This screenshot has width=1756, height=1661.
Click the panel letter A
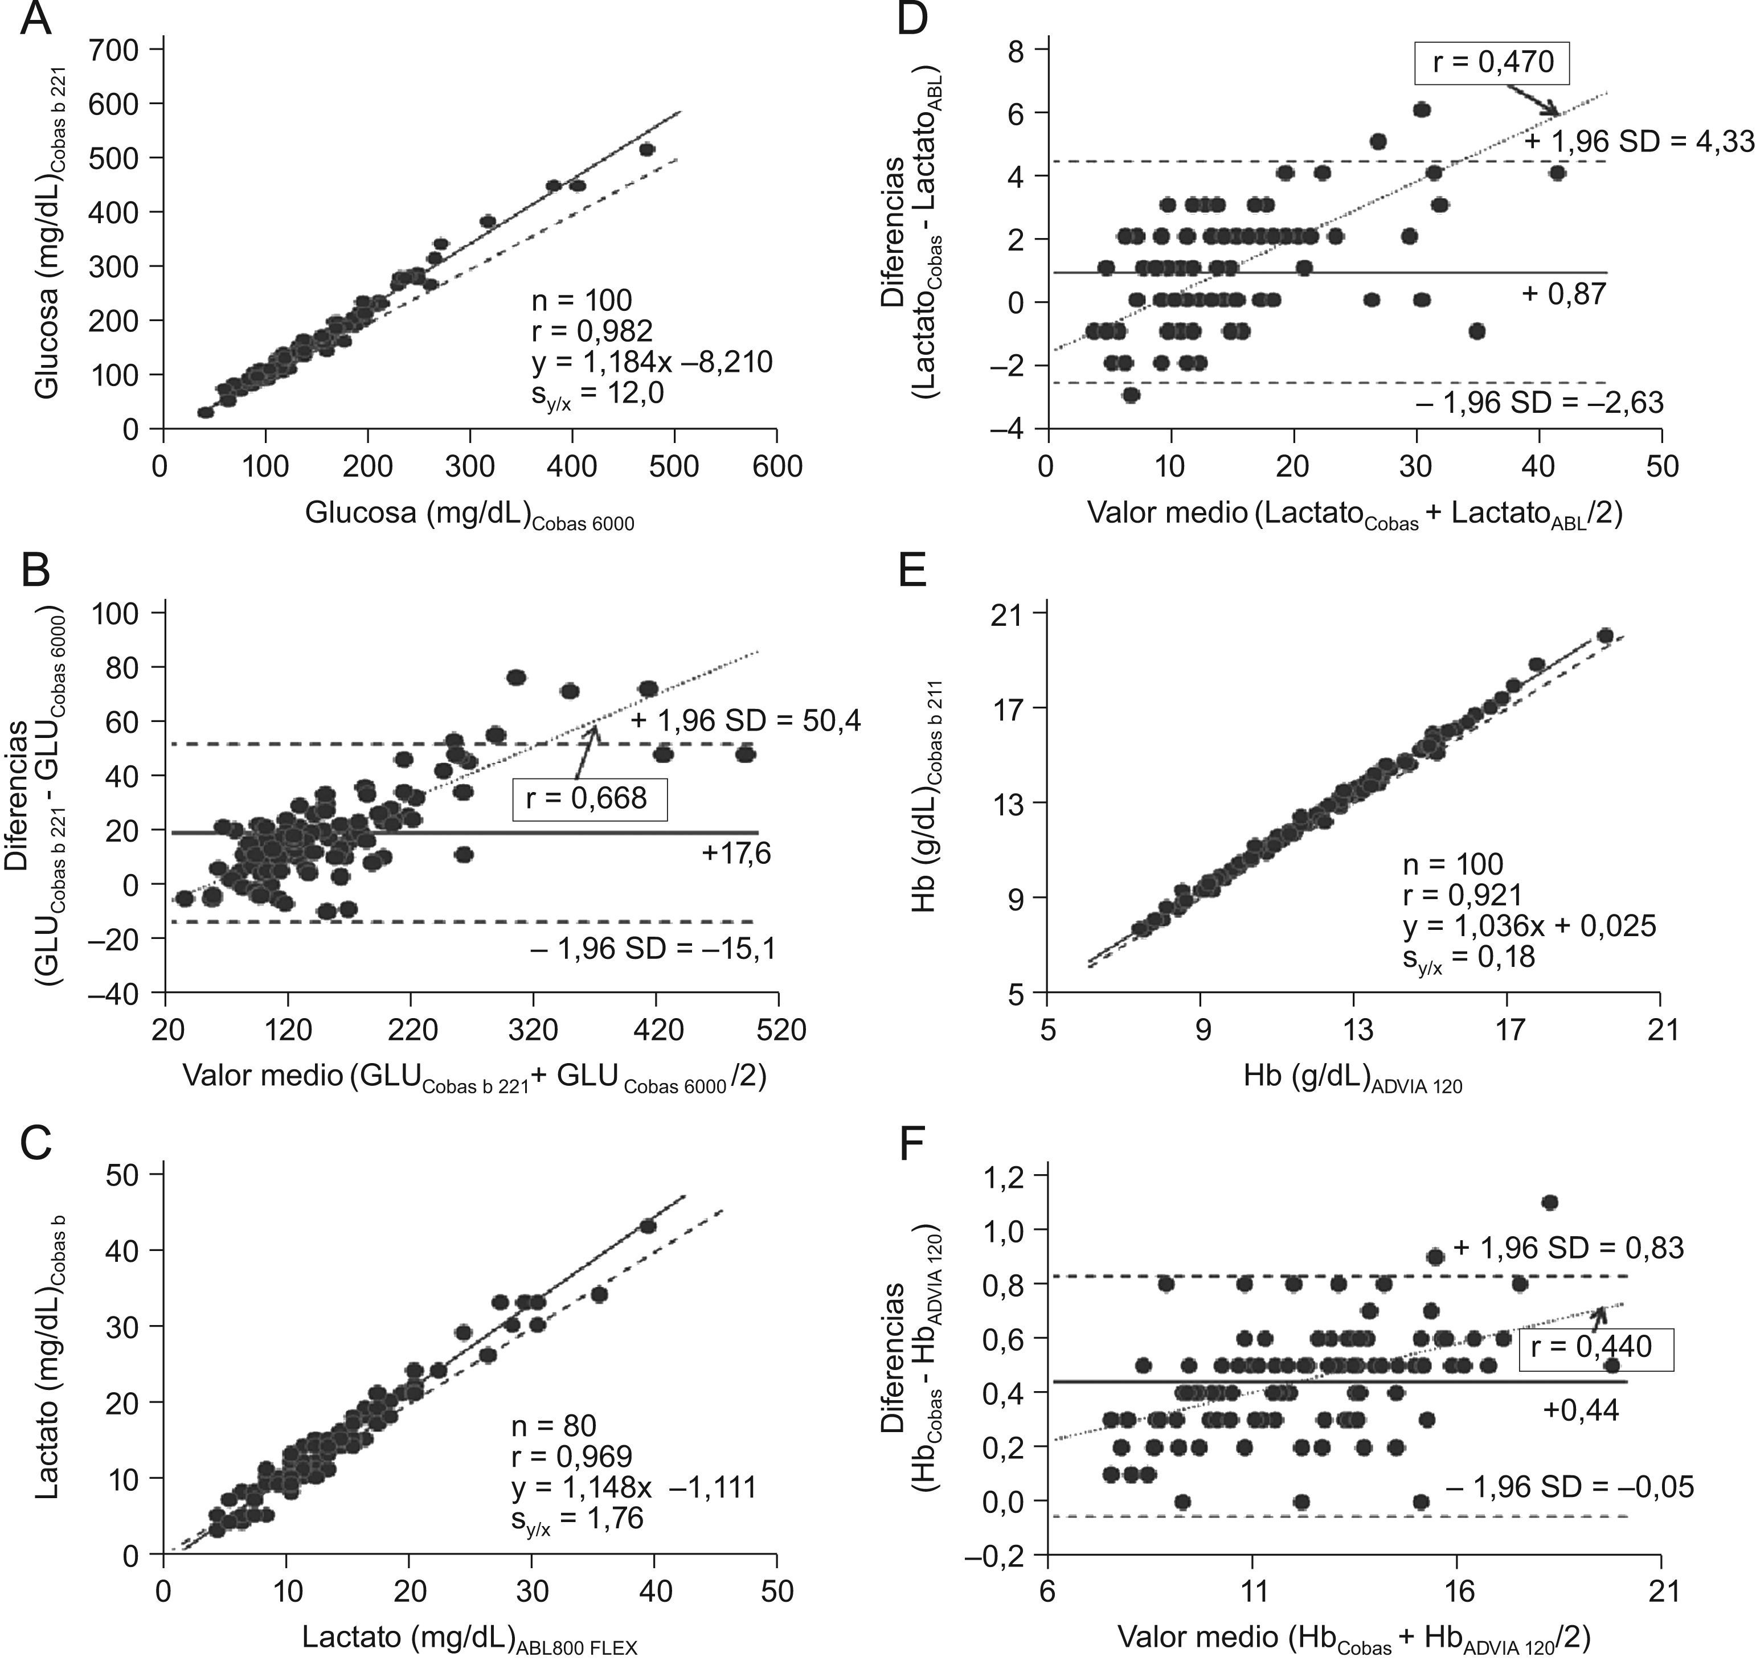point(35,19)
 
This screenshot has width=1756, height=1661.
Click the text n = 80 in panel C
point(554,1425)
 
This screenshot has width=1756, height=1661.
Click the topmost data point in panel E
point(1604,635)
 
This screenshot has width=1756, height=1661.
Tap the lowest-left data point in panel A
point(206,412)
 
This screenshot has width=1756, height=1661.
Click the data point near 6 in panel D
point(1421,110)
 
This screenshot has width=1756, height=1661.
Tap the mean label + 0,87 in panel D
point(1563,293)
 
